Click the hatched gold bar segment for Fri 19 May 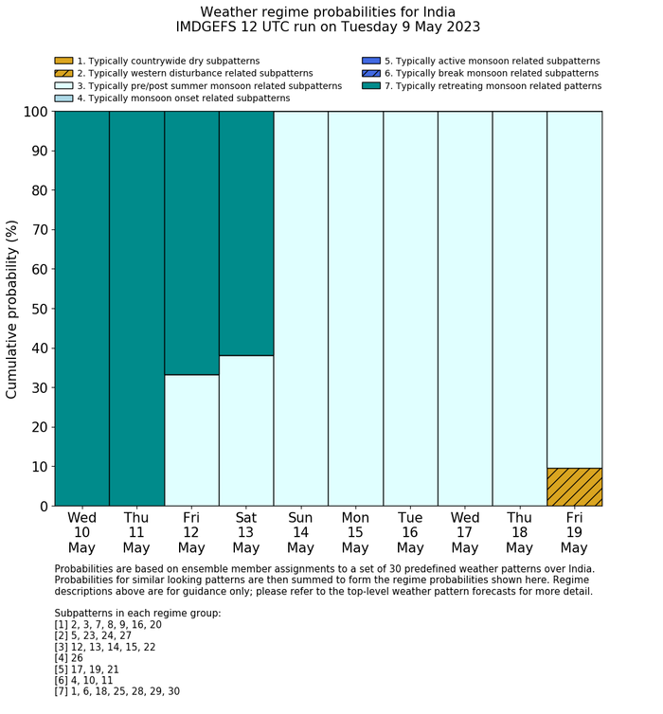[574, 487]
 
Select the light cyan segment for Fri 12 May [191, 440]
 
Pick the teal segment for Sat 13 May [246, 233]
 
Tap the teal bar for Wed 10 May [81, 308]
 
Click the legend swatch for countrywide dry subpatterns [63, 62]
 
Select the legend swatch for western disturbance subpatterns [63, 74]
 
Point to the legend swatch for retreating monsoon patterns [371, 86]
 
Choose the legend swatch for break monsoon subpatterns [371, 74]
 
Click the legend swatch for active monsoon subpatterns [371, 62]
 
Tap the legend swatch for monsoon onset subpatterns [63, 98]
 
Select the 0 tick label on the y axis [42, 507]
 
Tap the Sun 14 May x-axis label [300, 532]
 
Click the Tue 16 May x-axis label [410, 532]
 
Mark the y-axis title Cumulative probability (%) [12, 309]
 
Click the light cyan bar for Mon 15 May [355, 308]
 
